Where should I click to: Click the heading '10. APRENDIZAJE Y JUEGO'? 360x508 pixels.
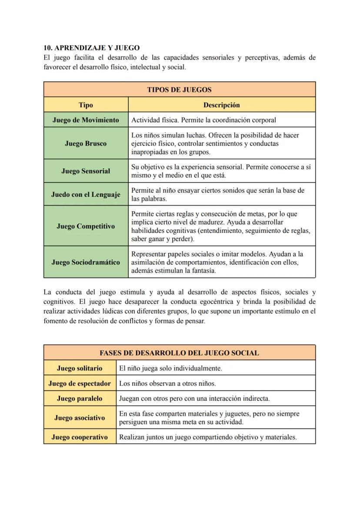pyautogui.click(x=92, y=48)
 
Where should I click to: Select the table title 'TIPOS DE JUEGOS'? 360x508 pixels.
pyautogui.click(x=179, y=90)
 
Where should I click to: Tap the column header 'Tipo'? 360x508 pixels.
pyautogui.click(x=86, y=105)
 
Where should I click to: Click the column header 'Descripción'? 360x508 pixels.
pyautogui.click(x=221, y=105)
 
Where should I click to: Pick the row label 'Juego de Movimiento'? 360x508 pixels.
pyautogui.click(x=86, y=120)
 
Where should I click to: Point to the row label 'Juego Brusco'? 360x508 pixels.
pyautogui.click(x=86, y=143)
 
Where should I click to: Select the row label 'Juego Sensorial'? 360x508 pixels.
pyautogui.click(x=86, y=171)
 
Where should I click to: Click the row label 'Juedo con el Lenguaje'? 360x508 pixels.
pyautogui.click(x=86, y=195)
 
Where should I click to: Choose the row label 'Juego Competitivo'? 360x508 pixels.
pyautogui.click(x=86, y=226)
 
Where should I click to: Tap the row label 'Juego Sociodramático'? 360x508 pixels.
pyautogui.click(x=86, y=262)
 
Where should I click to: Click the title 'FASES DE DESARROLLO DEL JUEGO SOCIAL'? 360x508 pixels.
pyautogui.click(x=179, y=353)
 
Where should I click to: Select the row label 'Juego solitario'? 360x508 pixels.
pyautogui.click(x=80, y=368)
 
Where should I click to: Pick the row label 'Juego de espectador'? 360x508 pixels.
pyautogui.click(x=80, y=383)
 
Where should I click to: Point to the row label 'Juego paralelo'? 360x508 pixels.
pyautogui.click(x=80, y=398)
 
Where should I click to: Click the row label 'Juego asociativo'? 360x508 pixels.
pyautogui.click(x=80, y=418)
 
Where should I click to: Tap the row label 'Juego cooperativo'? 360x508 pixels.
pyautogui.click(x=80, y=437)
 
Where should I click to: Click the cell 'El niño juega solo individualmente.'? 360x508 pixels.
pyautogui.click(x=170, y=368)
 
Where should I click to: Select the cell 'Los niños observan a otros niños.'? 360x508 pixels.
pyautogui.click(x=167, y=383)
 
